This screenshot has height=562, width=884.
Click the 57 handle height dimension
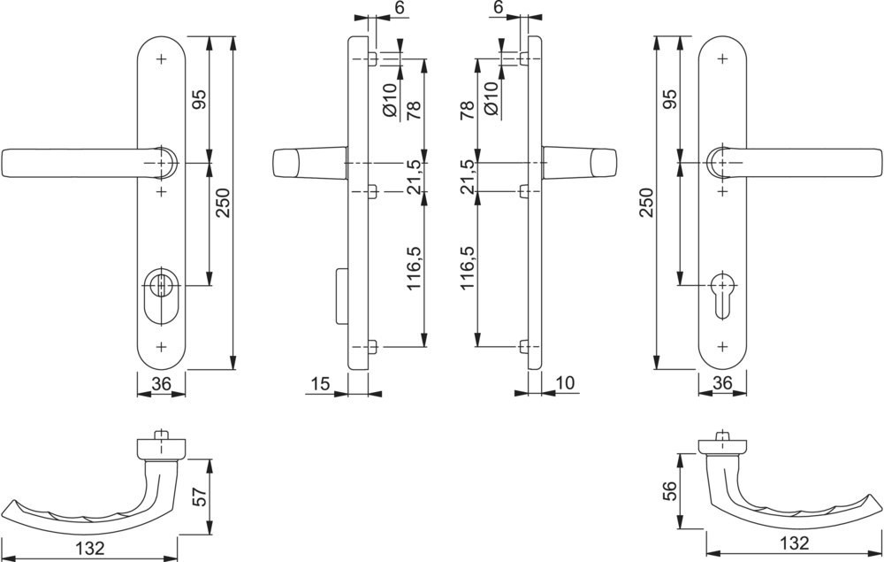pyautogui.click(x=200, y=496)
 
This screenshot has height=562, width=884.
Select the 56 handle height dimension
pyautogui.click(x=669, y=491)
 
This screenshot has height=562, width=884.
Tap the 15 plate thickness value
pyautogui.click(x=320, y=384)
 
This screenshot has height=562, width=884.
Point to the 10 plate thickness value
pyautogui.click(x=564, y=383)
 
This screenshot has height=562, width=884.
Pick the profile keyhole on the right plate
pyautogui.click(x=721, y=296)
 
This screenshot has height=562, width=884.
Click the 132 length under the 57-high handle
pyautogui.click(x=89, y=547)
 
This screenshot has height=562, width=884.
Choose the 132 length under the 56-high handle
pyautogui.click(x=794, y=543)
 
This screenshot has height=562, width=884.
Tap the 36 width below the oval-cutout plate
pyautogui.click(x=161, y=384)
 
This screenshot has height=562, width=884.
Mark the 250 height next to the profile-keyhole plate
pyautogui.click(x=646, y=202)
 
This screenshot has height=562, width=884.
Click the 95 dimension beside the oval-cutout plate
pyautogui.click(x=200, y=99)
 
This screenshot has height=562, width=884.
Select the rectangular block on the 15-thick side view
pyautogui.click(x=341, y=297)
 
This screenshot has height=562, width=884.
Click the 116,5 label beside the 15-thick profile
pyautogui.click(x=414, y=268)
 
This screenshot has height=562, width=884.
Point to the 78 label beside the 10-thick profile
pyautogui.click(x=467, y=111)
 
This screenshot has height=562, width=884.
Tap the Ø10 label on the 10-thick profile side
pyautogui.click(x=491, y=99)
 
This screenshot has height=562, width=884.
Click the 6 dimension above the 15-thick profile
pyautogui.click(x=400, y=7)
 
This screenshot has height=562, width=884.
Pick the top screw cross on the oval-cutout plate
pyautogui.click(x=162, y=58)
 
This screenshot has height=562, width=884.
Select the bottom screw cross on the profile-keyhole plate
pyautogui.click(x=722, y=346)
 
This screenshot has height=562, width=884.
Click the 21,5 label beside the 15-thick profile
pyautogui.click(x=414, y=177)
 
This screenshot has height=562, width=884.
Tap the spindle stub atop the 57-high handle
pyautogui.click(x=162, y=435)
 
